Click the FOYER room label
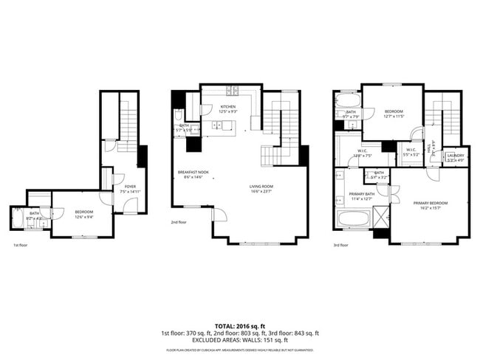click(x=130, y=186)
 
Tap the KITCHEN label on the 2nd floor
click(x=228, y=107)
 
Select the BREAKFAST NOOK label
click(x=193, y=172)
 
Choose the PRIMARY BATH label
click(x=362, y=194)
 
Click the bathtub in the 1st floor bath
click(x=17, y=221)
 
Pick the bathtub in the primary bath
click(x=349, y=219)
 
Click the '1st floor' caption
click(x=21, y=245)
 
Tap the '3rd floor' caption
click(x=341, y=245)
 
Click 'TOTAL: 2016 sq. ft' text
click(x=240, y=325)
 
